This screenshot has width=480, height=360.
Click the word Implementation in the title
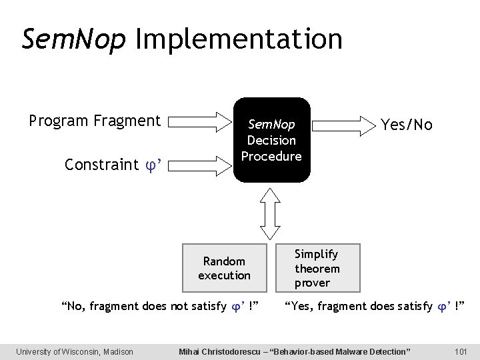(x=239, y=40)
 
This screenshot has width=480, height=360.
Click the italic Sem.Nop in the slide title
(x=73, y=39)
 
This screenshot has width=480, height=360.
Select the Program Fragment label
(x=95, y=121)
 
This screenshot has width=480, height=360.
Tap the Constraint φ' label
(x=110, y=164)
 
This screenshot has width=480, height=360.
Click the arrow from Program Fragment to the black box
(x=199, y=122)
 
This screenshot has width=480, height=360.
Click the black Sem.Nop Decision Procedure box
(x=271, y=140)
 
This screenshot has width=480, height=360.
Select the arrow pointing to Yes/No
(x=345, y=123)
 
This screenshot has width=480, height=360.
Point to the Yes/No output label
(x=406, y=125)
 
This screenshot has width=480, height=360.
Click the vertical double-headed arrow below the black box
(x=271, y=212)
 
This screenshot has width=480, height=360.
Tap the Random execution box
(x=225, y=268)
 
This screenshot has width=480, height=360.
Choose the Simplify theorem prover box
(x=317, y=268)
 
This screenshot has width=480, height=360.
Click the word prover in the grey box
(x=313, y=283)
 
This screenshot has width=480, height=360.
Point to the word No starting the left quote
(x=73, y=307)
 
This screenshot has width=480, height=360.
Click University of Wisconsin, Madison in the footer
(x=75, y=351)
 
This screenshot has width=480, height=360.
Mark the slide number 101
(x=460, y=351)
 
